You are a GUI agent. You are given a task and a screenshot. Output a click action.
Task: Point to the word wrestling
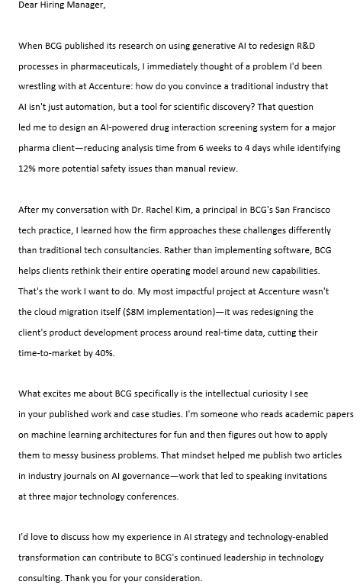tap(40, 87)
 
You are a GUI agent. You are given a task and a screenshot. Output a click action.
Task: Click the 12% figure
tap(28, 169)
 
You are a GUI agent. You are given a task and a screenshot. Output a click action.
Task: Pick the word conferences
tap(151, 496)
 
